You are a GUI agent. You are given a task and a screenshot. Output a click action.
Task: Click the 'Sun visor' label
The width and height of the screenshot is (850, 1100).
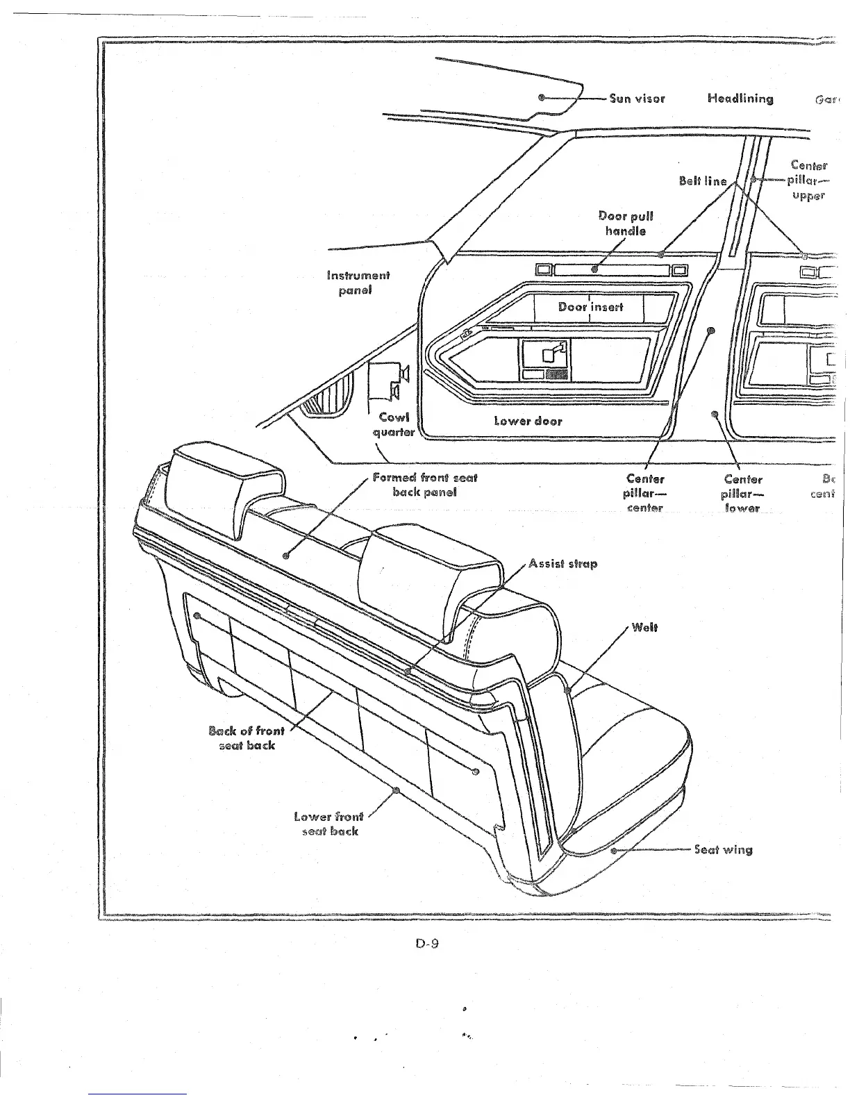pyautogui.click(x=637, y=98)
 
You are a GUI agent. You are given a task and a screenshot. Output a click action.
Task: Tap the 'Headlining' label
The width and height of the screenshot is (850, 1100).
pyautogui.click(x=740, y=98)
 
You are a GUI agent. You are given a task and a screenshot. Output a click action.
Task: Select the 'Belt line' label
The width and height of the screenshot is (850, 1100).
pyautogui.click(x=703, y=181)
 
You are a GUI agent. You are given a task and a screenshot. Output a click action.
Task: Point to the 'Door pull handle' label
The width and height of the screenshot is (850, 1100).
pyautogui.click(x=625, y=223)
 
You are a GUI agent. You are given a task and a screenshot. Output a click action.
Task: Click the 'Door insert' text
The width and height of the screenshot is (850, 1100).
pyautogui.click(x=590, y=306)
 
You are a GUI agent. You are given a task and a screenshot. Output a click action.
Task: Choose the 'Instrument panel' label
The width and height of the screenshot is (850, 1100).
pyautogui.click(x=358, y=283)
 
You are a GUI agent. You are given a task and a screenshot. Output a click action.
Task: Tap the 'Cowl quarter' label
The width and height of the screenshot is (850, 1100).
pyautogui.click(x=394, y=424)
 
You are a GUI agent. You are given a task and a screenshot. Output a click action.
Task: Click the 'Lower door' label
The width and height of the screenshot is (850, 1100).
pyautogui.click(x=528, y=420)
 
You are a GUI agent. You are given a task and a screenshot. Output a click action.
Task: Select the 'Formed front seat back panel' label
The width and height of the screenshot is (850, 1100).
pyautogui.click(x=424, y=485)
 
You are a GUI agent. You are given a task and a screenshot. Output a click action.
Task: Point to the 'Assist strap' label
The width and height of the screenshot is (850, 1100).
pyautogui.click(x=562, y=563)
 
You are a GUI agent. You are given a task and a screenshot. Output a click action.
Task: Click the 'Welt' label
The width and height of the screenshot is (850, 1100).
pyautogui.click(x=644, y=628)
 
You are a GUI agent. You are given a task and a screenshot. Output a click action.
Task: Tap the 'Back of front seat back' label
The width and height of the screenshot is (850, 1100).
pyautogui.click(x=247, y=737)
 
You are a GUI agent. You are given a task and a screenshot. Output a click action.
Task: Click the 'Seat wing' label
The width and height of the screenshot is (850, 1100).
pyautogui.click(x=723, y=849)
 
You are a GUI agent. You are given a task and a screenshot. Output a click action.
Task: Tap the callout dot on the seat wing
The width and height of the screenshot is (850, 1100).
pyautogui.click(x=613, y=849)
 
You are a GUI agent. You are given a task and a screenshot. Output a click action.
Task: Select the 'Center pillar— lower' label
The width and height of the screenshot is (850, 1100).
pyautogui.click(x=742, y=493)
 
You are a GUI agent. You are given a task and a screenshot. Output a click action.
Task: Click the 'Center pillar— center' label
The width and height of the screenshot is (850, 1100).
pyautogui.click(x=645, y=493)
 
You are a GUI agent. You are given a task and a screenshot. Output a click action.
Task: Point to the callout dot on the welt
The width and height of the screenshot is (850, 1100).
pyautogui.click(x=568, y=690)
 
